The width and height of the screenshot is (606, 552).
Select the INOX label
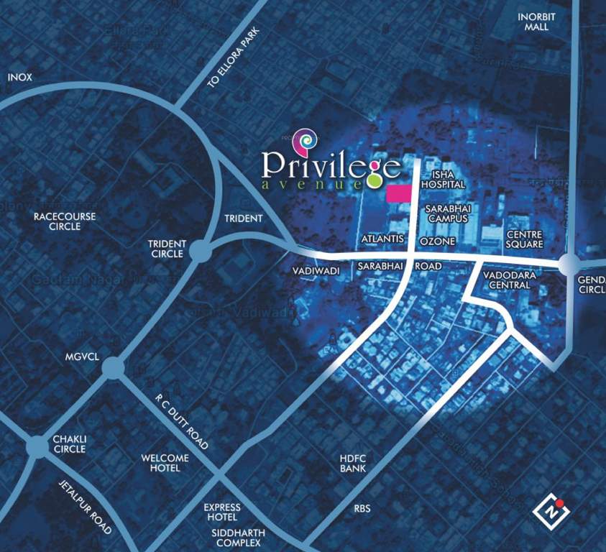click(20, 77)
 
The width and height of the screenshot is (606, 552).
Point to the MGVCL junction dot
click(112, 369)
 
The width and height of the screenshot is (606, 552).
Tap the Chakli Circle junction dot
click(35, 447)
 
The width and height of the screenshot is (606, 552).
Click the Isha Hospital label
click(444, 180)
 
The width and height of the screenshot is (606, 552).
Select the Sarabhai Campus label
click(446, 213)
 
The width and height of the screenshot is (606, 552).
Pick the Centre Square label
click(524, 239)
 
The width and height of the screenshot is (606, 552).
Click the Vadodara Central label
click(507, 280)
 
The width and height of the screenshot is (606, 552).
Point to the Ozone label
click(437, 241)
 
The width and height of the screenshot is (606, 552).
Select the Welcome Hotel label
click(165, 463)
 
